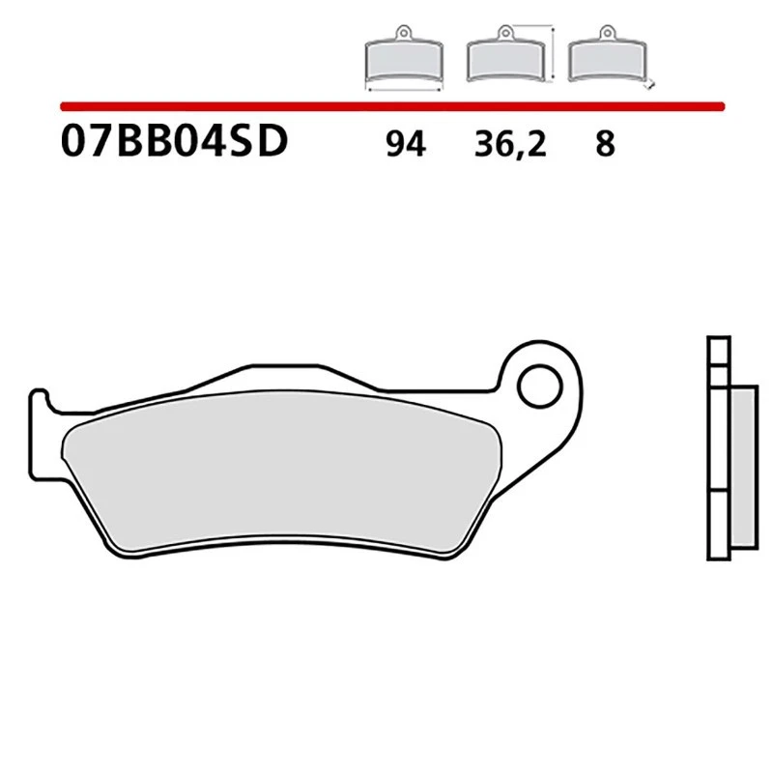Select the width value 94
pyautogui.click(x=404, y=145)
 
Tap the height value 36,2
pyautogui.click(x=509, y=145)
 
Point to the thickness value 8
pyautogui.click(x=605, y=145)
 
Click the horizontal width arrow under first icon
pyautogui.click(x=403, y=88)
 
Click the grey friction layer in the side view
pyautogui.click(x=741, y=464)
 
